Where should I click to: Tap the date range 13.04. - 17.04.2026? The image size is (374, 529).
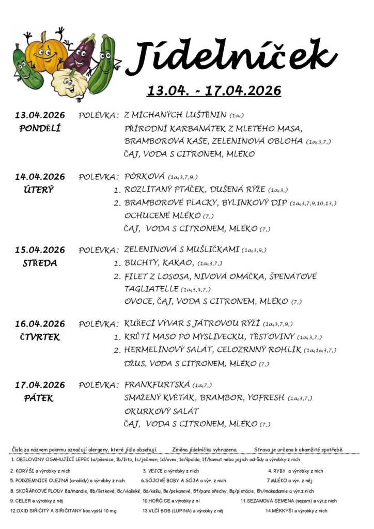pos(214,91)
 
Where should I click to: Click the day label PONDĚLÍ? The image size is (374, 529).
pos(40,128)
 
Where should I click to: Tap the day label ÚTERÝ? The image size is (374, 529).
pos(39,190)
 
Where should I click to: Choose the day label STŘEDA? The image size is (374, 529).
pos(40,263)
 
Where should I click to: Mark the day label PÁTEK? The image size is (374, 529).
pos(39,398)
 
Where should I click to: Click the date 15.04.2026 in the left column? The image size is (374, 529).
pos(40,250)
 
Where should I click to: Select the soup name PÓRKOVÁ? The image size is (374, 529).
pos(145,177)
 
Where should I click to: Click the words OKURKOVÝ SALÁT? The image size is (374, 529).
pos(162,411)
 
